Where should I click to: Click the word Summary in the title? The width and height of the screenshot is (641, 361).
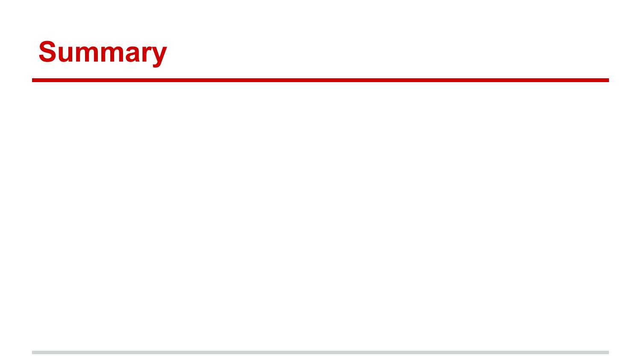click(103, 53)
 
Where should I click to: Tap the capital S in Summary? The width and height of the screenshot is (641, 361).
click(47, 51)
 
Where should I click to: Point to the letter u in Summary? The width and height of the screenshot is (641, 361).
click(66, 53)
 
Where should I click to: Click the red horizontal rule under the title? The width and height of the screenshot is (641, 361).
click(320, 80)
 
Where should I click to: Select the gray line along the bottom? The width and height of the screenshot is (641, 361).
click(320, 352)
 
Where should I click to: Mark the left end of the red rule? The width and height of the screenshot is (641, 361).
click(32, 80)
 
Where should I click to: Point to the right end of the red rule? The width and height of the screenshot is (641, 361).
click(609, 80)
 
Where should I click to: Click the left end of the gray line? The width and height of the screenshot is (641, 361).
click(32, 352)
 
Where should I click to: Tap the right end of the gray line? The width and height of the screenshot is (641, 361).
click(609, 352)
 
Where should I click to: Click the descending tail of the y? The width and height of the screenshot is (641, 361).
click(156, 65)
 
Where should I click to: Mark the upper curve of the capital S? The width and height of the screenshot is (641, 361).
click(47, 44)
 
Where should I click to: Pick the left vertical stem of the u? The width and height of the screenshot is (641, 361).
click(61, 53)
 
